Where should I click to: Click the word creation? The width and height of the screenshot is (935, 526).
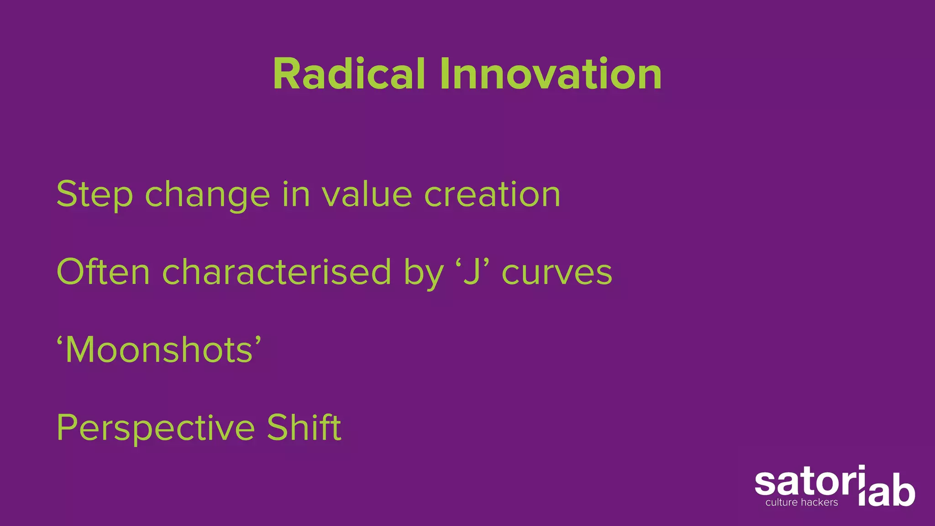[492, 194]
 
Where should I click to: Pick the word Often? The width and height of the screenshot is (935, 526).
[103, 272]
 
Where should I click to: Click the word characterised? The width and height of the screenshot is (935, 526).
[277, 272]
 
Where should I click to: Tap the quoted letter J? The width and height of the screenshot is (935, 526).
[472, 272]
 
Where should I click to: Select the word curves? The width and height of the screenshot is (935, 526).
[557, 273]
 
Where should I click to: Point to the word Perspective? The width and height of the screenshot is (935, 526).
[156, 428]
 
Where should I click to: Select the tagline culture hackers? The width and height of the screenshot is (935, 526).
[802, 503]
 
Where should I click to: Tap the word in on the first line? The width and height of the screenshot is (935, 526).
[296, 194]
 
